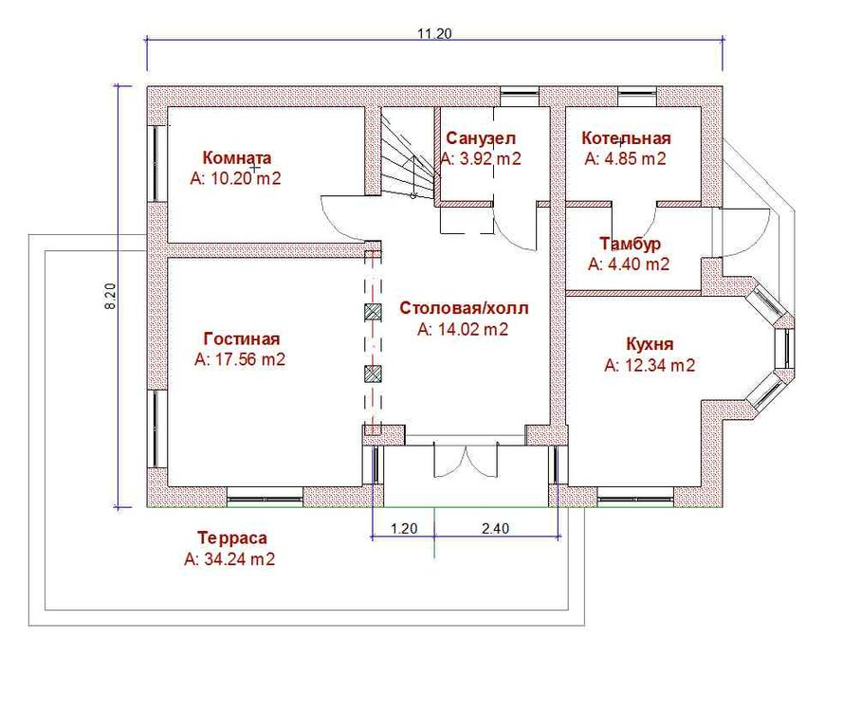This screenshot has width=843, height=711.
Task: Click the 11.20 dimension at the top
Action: (x=434, y=33)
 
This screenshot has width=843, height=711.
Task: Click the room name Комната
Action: (x=237, y=158)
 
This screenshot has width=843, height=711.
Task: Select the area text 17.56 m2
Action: (x=240, y=359)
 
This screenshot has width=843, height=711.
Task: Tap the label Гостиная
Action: (x=242, y=339)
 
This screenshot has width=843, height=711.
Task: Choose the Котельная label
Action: (x=626, y=138)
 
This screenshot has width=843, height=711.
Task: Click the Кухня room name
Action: (x=650, y=343)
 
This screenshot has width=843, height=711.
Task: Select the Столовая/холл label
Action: (x=464, y=309)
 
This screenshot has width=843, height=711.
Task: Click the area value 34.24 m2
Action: (x=229, y=559)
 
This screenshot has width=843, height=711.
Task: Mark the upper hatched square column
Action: (x=374, y=311)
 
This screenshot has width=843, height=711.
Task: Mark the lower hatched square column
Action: (x=374, y=374)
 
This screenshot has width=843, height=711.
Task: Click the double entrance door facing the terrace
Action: (x=464, y=462)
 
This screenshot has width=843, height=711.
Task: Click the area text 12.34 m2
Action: (x=650, y=364)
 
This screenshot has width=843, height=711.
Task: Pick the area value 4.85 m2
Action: (x=625, y=158)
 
